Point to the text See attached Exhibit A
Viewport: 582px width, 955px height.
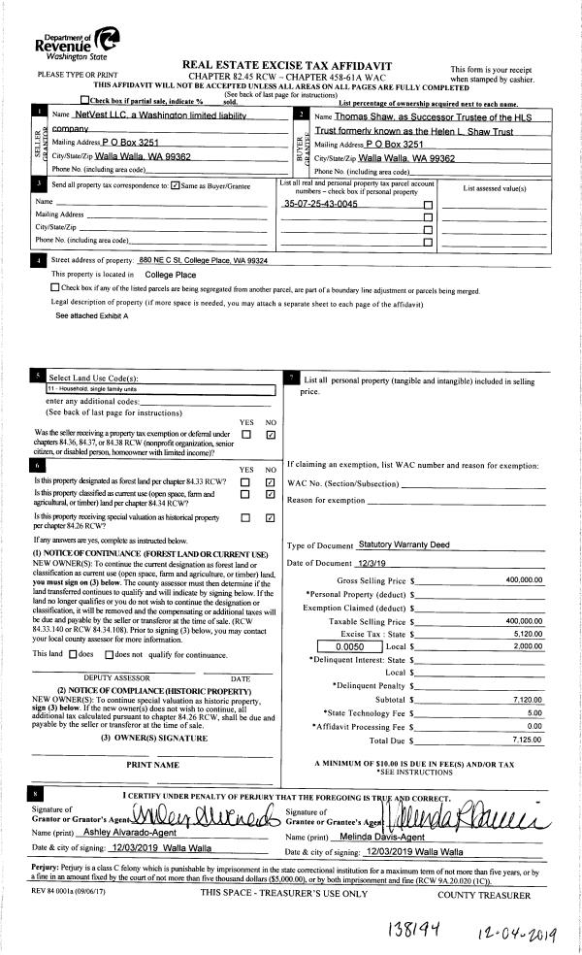(93, 315)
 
